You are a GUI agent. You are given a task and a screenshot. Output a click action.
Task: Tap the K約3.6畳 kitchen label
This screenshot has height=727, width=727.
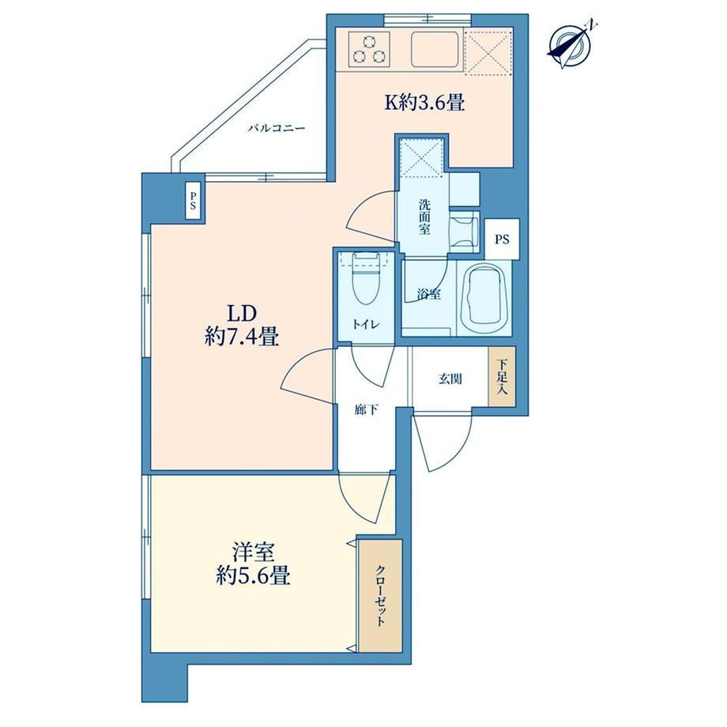point(424,103)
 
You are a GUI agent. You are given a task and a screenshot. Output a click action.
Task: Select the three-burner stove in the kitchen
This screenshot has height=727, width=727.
point(369,50)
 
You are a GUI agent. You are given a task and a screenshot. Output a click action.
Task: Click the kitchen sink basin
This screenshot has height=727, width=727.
point(435,50)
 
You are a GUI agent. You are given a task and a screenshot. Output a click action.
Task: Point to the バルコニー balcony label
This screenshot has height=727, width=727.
point(277,128)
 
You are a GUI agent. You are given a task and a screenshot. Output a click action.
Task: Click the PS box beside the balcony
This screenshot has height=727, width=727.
point(192,201)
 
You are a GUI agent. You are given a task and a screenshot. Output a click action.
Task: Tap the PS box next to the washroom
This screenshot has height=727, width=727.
point(502,239)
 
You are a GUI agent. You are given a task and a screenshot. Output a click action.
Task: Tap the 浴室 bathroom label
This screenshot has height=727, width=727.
point(428,293)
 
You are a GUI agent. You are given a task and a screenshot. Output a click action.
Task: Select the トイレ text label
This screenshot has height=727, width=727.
point(367,324)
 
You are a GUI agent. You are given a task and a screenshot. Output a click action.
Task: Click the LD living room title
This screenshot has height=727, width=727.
point(241,314)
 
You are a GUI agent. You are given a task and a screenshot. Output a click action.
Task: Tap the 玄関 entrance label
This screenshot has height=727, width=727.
point(450,379)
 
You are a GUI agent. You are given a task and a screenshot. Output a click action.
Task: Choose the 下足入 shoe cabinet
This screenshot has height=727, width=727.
point(501,376)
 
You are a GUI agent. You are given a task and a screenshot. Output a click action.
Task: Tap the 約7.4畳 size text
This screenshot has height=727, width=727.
point(241,337)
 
